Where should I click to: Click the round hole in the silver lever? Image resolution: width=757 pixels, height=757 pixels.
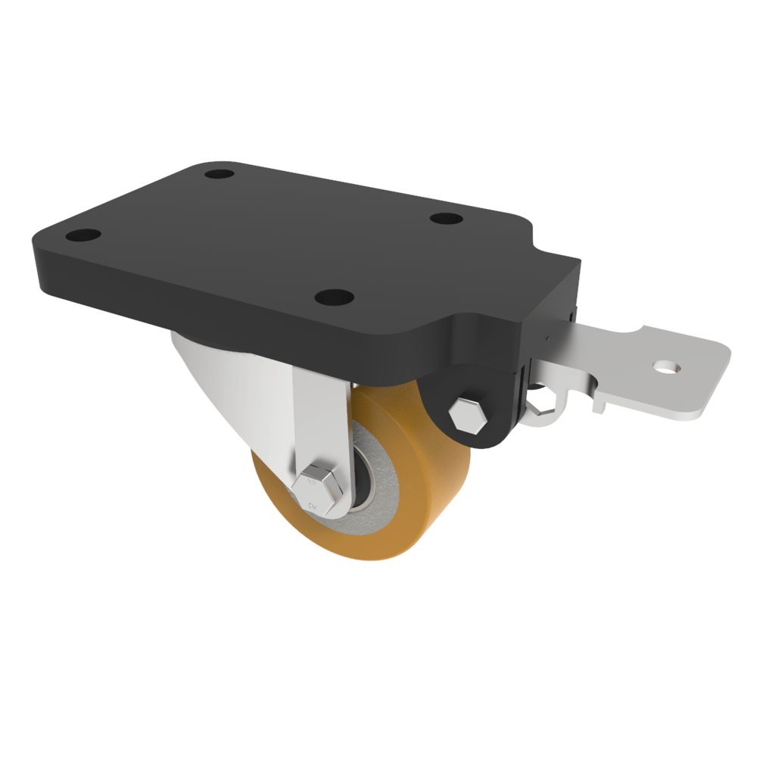pos(666,368)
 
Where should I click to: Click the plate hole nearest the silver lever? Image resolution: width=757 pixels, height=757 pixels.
pos(447,218)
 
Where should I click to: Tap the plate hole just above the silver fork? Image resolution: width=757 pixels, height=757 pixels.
pos(332,297)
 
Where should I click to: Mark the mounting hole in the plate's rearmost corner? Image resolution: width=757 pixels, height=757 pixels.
pos(219,174)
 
